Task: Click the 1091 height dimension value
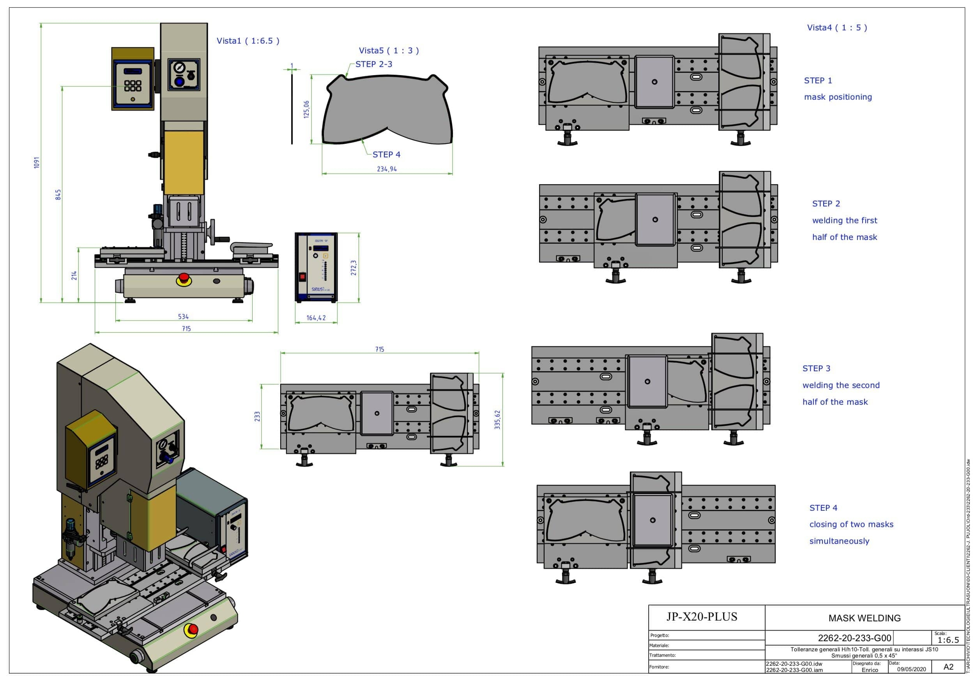tap(37, 163)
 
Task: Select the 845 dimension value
tap(59, 194)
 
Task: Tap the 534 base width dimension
tap(183, 316)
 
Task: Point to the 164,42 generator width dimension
tap(316, 318)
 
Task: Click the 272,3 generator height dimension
tap(353, 268)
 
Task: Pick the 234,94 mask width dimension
tap(387, 169)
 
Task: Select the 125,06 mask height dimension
tap(306, 109)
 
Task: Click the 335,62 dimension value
tap(497, 419)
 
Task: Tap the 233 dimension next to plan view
tap(257, 416)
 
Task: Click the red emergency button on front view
tap(184, 278)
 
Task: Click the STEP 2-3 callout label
tap(374, 64)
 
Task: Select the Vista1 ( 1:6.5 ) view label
tap(248, 41)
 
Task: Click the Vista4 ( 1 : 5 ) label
tap(837, 28)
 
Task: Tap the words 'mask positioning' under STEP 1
tap(838, 97)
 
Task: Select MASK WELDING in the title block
tap(864, 618)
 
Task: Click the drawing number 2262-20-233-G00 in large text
tap(854, 638)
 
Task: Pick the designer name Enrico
tap(869, 670)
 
